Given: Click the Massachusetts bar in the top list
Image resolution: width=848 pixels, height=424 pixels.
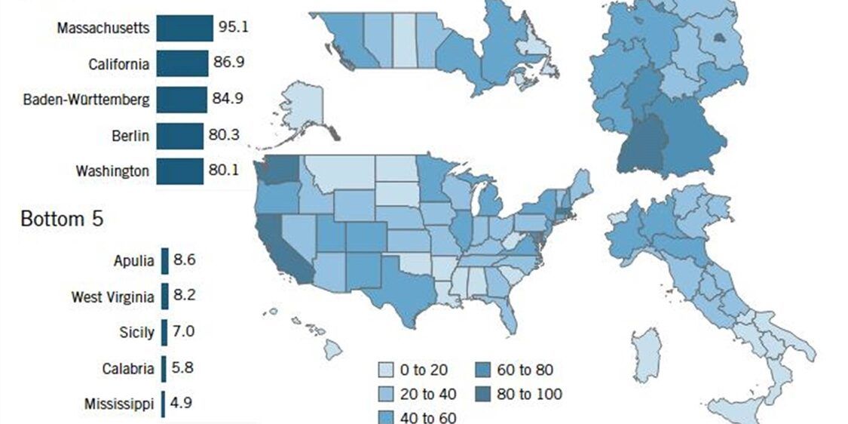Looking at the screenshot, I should [x=184, y=29].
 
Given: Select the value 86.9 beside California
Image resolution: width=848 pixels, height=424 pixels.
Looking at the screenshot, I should [x=228, y=63].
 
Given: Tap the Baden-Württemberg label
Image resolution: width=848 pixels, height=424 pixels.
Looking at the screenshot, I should [x=87, y=99].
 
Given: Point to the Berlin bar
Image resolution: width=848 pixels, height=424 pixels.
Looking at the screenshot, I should [x=180, y=136].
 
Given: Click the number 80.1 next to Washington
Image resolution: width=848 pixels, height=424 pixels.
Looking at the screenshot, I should [x=224, y=170].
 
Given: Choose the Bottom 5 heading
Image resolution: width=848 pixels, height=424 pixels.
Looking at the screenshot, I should [x=62, y=220].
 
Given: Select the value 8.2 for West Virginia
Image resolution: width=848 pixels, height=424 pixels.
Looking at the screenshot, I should [x=185, y=296].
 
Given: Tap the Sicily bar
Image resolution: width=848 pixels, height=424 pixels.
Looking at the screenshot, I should [x=164, y=332].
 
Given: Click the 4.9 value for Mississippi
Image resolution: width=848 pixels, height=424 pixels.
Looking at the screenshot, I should [x=181, y=402].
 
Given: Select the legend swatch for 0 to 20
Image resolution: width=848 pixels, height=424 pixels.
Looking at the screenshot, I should [x=385, y=370].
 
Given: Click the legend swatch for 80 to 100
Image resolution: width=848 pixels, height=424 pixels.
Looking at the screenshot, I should [x=484, y=394].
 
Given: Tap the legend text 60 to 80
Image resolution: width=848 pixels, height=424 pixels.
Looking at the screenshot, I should [x=525, y=370].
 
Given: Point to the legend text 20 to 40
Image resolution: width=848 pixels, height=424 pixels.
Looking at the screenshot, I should [x=427, y=394].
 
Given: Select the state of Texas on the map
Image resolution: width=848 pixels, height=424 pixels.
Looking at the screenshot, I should [x=403, y=290].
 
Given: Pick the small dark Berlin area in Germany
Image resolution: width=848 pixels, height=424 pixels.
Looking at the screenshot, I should [x=719, y=38].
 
